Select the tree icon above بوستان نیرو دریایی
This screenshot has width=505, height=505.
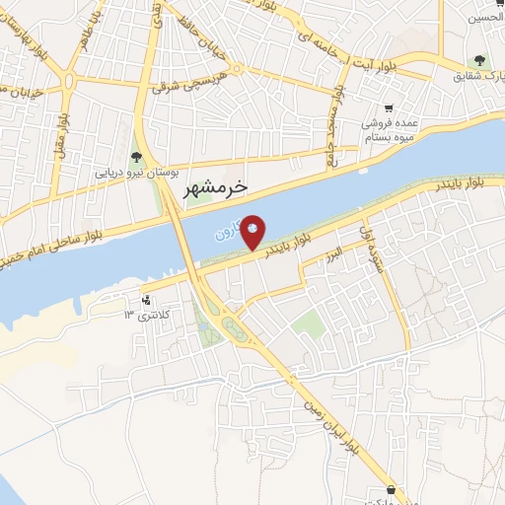tap(136, 156)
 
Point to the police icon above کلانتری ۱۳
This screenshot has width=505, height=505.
tap(147, 300)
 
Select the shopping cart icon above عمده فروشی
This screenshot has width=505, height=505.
tap(390, 108)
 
